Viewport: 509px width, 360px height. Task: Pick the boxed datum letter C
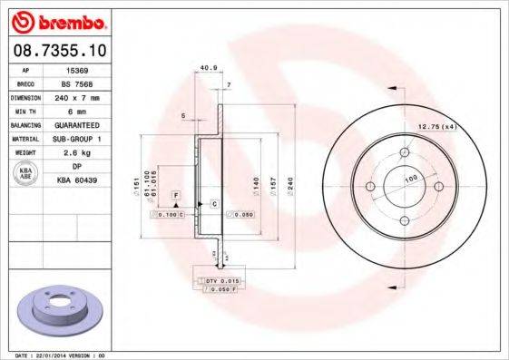click(x=213, y=203)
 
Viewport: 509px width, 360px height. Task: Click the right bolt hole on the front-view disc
click(x=439, y=187)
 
